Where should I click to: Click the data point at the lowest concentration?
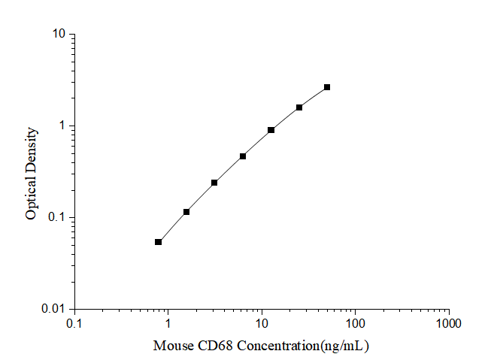(158, 242)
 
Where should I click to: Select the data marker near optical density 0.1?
(186, 212)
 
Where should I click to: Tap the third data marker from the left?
(214, 183)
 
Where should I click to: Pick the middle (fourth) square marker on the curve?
(243, 156)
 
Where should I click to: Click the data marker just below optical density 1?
(271, 130)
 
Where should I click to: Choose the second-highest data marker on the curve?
(299, 107)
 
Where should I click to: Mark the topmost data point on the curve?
(327, 87)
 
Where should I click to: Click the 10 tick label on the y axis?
(57, 35)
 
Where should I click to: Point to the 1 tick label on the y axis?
(61, 126)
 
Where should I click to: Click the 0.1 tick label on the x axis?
(74, 322)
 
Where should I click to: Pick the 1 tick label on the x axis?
(168, 322)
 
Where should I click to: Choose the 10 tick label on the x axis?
(262, 322)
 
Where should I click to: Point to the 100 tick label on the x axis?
(355, 322)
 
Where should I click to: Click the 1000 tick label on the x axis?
(449, 322)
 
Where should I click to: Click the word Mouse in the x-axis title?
(171, 346)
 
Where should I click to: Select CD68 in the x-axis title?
(211, 346)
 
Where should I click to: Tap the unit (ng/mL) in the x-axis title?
(344, 346)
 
